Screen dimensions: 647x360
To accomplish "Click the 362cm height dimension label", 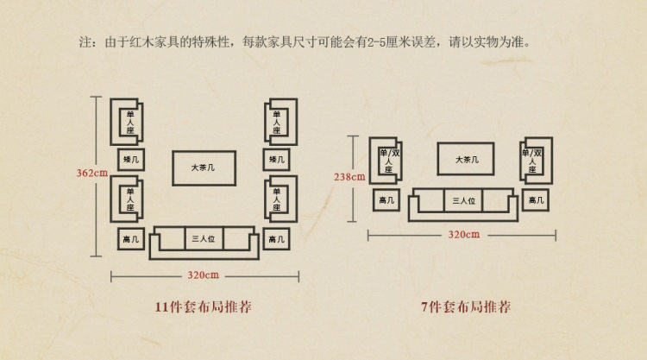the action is [91, 173].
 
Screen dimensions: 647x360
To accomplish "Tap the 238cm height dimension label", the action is [349, 178].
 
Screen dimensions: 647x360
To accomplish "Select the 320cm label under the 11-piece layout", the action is [204, 275].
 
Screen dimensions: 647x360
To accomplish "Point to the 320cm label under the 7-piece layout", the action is [462, 234].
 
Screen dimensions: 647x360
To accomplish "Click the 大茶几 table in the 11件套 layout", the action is [204, 167].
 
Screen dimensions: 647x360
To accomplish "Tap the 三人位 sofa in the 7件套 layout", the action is [463, 200].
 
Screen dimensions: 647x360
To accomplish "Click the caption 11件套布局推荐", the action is [204, 306].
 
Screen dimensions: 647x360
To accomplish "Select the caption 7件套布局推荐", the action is [462, 306].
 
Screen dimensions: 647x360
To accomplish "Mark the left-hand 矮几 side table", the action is [131, 161].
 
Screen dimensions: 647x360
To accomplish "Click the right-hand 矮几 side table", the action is [276, 161].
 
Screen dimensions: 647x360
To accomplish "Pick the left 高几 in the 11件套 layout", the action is [131, 239].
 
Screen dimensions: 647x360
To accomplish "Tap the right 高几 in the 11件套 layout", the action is [276, 239].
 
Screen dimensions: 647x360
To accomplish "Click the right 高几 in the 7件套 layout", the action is [537, 200].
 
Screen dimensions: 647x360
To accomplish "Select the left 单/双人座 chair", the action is [387, 161].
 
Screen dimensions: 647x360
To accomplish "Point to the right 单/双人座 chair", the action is [534, 161].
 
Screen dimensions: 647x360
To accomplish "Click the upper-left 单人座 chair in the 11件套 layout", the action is [130, 122].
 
